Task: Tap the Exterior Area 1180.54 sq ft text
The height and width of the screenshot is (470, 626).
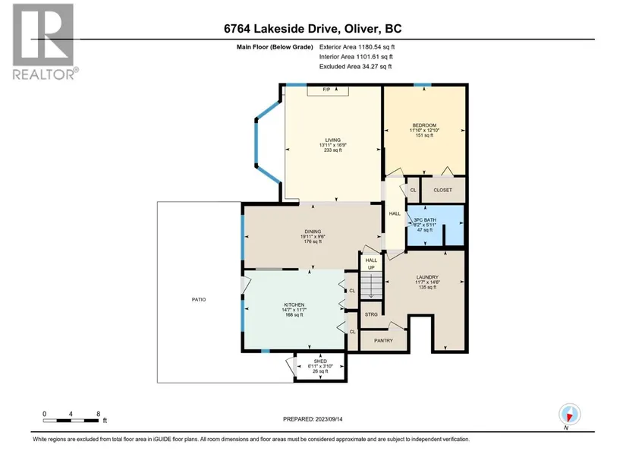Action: [x=357, y=47]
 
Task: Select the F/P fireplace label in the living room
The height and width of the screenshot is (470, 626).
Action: [x=326, y=90]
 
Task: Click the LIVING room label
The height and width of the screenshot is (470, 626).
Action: [x=332, y=140]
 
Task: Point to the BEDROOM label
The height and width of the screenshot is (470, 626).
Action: [x=424, y=125]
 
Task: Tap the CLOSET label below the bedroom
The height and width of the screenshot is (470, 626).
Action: [x=442, y=190]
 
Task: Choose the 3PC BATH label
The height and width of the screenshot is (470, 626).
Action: [x=425, y=219]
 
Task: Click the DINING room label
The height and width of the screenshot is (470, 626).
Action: [x=313, y=232]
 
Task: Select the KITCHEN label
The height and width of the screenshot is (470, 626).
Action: [x=294, y=304]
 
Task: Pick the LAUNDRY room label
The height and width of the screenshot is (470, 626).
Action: [x=427, y=277]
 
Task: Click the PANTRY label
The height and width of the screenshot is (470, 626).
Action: [x=383, y=340]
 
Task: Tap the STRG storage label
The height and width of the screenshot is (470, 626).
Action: [x=371, y=314]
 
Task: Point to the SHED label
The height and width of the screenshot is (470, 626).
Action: [x=320, y=361]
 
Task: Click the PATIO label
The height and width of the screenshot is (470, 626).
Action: [x=199, y=299]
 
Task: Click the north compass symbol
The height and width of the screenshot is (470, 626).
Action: [x=570, y=415]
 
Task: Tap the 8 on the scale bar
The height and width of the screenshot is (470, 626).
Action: [x=98, y=414]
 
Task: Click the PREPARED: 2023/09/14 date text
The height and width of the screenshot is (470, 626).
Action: [x=313, y=419]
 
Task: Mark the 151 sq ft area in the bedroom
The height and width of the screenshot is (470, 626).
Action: [x=424, y=135]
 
